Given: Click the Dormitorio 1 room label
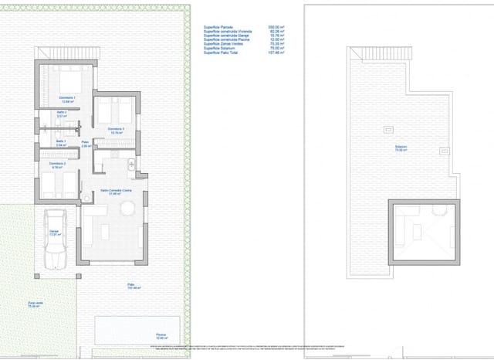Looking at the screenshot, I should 67,99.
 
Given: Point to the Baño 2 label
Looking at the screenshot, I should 62,114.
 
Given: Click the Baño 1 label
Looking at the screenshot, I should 62,143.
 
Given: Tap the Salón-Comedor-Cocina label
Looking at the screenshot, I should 114,192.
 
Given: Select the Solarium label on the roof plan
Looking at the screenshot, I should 401,148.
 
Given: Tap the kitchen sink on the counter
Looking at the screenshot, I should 131,165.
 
